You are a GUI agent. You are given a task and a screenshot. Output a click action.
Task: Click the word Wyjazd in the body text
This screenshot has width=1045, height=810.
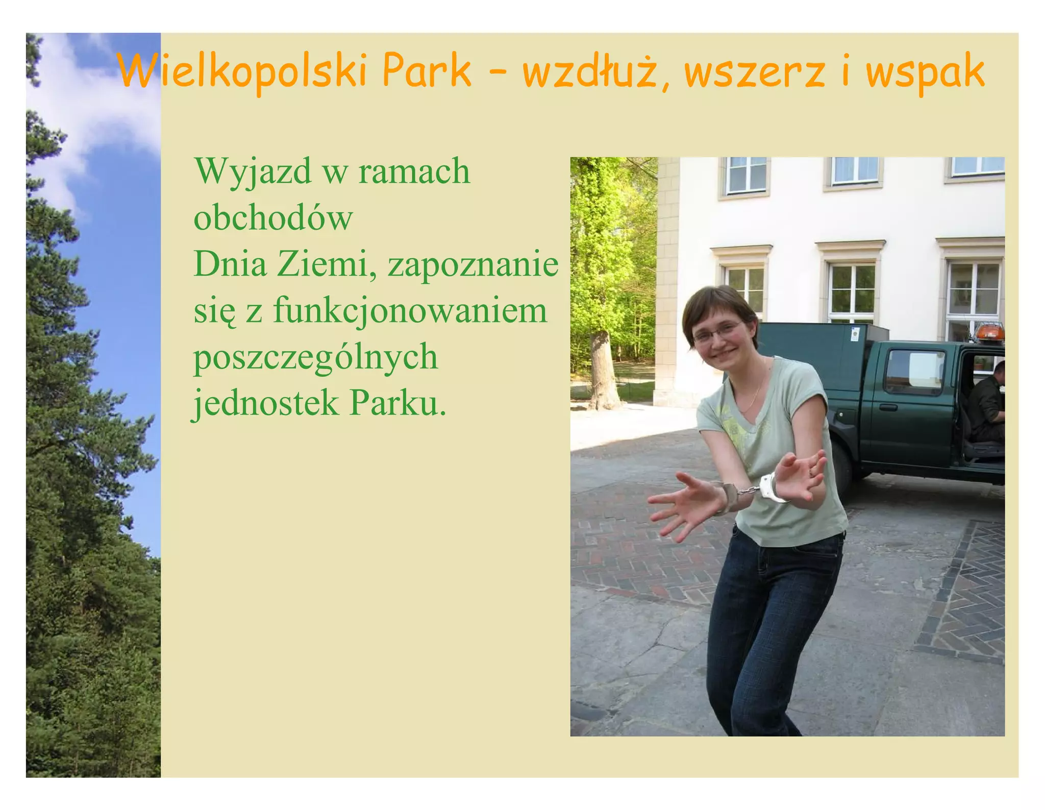tap(253, 173)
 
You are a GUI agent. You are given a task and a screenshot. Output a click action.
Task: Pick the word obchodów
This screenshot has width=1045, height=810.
tap(273, 218)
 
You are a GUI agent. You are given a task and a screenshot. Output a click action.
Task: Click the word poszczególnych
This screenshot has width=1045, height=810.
tap(315, 358)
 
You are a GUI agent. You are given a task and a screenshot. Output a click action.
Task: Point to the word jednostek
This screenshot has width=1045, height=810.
tap(265, 403)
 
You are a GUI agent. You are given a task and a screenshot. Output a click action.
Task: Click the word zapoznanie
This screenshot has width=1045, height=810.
tap(472, 265)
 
